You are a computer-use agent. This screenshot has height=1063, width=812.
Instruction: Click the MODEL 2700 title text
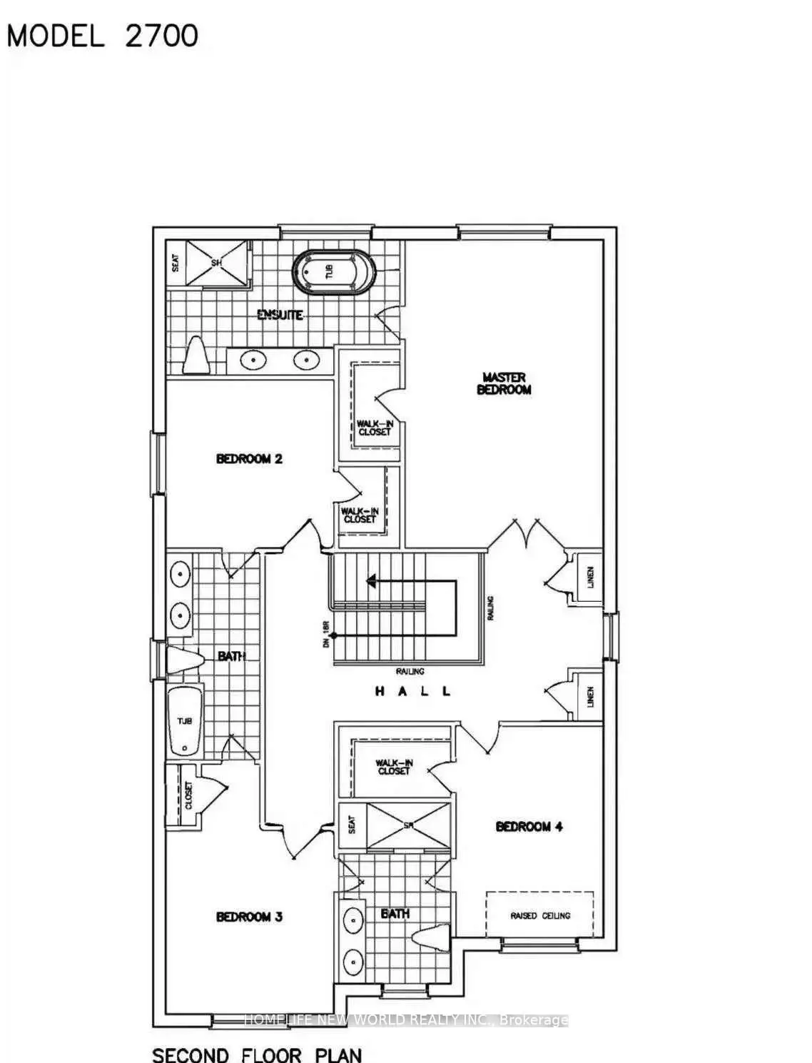pyautogui.click(x=103, y=35)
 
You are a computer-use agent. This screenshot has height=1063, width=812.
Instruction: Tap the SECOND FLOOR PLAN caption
pyautogui.click(x=257, y=1054)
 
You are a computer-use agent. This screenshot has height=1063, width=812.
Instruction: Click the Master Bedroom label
pyautogui.click(x=504, y=383)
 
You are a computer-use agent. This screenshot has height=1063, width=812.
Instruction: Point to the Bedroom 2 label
pyautogui.click(x=249, y=458)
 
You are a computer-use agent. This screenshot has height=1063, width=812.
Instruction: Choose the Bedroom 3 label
pyautogui.click(x=249, y=917)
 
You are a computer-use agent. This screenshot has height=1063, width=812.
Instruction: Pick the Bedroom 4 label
pyautogui.click(x=529, y=827)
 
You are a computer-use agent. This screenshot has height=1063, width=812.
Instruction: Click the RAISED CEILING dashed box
pyautogui.click(x=539, y=915)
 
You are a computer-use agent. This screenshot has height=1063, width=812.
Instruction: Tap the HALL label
pyautogui.click(x=413, y=691)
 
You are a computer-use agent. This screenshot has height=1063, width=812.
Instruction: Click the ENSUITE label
pyautogui.click(x=280, y=315)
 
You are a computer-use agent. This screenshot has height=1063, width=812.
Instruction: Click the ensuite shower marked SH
pyautogui.click(x=218, y=263)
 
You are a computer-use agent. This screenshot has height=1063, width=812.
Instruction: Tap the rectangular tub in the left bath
pyautogui.click(x=185, y=721)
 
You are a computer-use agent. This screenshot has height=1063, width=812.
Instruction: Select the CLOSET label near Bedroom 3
pyautogui.click(x=188, y=795)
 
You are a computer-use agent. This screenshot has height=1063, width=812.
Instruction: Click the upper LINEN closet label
pyautogui.click(x=591, y=578)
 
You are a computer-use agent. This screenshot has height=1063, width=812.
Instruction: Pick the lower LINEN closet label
pyautogui.click(x=591, y=696)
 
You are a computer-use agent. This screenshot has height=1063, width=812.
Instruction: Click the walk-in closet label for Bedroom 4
pyautogui.click(x=394, y=767)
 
